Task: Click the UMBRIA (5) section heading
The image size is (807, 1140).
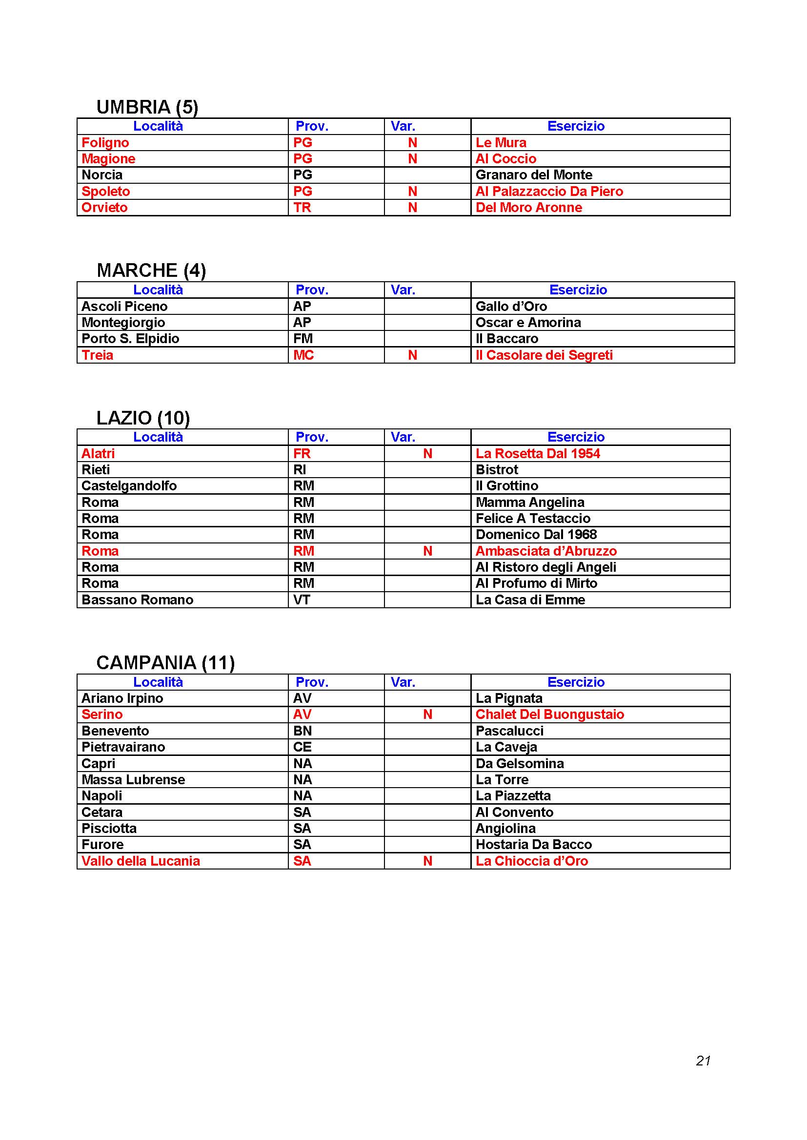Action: tap(147, 107)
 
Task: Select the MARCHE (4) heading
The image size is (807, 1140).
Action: tap(151, 271)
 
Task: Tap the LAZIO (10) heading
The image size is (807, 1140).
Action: tap(143, 418)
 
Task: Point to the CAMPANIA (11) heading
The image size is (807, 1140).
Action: tap(165, 663)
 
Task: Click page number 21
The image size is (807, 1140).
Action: tap(703, 1061)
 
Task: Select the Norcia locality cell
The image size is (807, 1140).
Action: tap(102, 175)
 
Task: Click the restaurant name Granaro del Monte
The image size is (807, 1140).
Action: tap(534, 175)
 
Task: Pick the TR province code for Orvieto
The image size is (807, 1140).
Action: tap(302, 208)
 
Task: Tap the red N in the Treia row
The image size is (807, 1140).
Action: tap(412, 355)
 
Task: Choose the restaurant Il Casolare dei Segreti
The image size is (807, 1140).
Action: tap(544, 355)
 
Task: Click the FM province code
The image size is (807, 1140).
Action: tap(303, 339)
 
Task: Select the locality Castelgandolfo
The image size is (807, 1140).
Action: tap(129, 485)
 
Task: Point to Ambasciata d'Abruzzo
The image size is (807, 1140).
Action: tap(546, 551)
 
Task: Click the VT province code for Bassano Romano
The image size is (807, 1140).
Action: tap(302, 600)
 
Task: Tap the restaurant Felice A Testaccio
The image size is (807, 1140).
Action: tap(533, 519)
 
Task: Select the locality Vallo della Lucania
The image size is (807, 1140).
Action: tap(141, 861)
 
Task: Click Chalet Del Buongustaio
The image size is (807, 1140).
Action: tap(549, 715)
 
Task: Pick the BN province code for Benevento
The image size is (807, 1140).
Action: tap(302, 731)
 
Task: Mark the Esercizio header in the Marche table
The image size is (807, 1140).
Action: tap(578, 290)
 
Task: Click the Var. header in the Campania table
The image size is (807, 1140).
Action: tap(403, 682)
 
